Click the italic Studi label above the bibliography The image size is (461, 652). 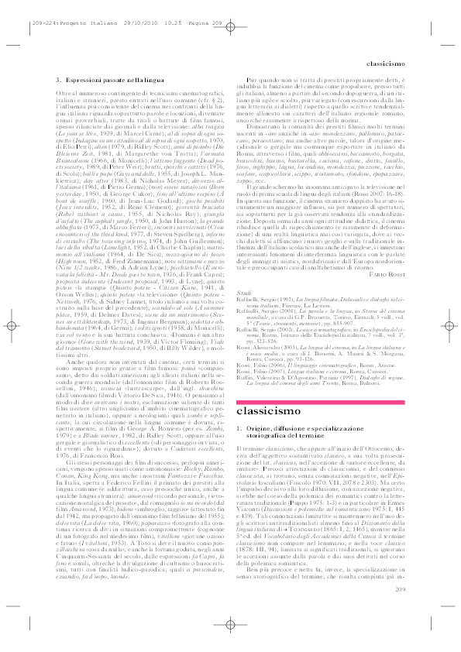[x=244, y=291]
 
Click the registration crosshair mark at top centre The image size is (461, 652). [x=230, y=21]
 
